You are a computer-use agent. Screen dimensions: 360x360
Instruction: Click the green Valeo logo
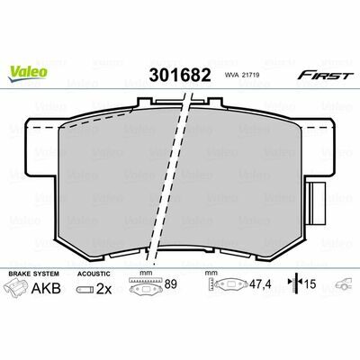pos(28,73)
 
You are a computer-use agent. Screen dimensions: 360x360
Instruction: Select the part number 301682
pos(180,75)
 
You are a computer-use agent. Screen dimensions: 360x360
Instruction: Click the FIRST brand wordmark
pos(324,76)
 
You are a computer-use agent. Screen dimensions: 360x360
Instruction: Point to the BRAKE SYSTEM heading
pos(34,274)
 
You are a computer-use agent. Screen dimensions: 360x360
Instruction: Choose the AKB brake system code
pos(46,289)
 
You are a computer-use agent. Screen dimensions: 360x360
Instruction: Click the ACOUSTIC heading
pos(94,274)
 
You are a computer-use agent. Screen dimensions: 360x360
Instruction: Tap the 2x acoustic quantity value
pos(103,289)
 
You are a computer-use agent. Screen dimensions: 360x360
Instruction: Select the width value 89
pos(171,284)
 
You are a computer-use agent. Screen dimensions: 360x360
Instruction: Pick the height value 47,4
pos(260,284)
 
